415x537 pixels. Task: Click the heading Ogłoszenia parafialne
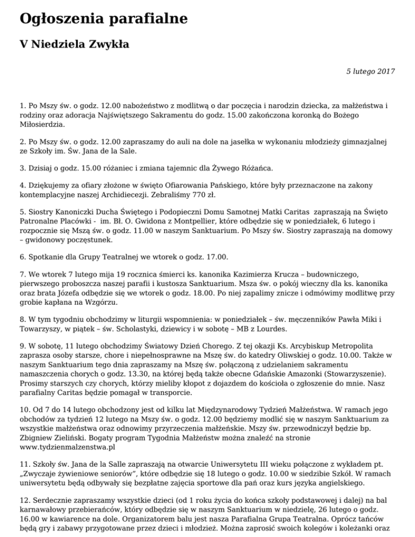click(103, 19)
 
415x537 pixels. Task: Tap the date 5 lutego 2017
click(370, 71)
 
